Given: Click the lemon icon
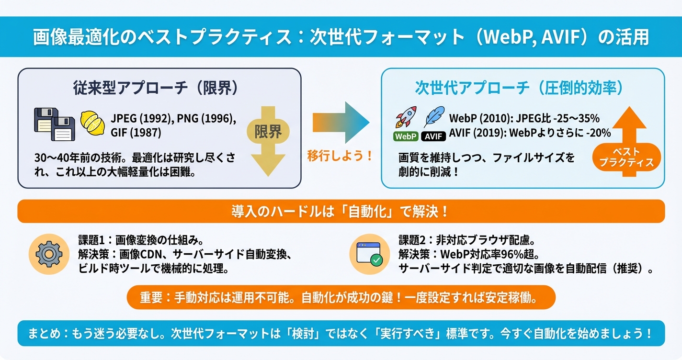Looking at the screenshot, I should click(92, 124).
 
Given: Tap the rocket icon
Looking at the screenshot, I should click(406, 117).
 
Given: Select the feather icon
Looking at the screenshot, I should click(434, 117).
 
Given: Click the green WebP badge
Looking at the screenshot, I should click(406, 136).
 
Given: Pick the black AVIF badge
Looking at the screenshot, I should click(434, 136).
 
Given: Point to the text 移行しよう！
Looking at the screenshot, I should click(340, 157).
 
